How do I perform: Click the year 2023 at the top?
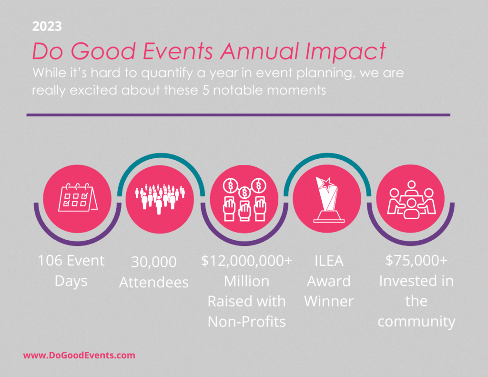[x=47, y=27]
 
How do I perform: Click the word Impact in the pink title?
[x=346, y=51]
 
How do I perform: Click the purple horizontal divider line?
[x=238, y=115]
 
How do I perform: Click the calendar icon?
[x=78, y=197]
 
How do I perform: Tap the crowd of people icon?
[x=160, y=199]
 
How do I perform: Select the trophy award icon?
[x=328, y=200]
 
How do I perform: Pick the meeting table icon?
[x=411, y=200]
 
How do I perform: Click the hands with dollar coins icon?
[x=244, y=200]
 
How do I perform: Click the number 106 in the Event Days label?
[x=50, y=261]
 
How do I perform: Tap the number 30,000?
[x=154, y=262]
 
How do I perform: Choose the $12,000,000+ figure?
[x=246, y=261]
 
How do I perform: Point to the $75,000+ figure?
[x=416, y=260]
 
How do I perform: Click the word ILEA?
[x=329, y=261]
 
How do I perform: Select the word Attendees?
[x=154, y=283]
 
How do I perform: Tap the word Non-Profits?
[x=246, y=322]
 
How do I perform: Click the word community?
[x=417, y=322]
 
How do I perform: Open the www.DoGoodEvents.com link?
[x=79, y=356]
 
